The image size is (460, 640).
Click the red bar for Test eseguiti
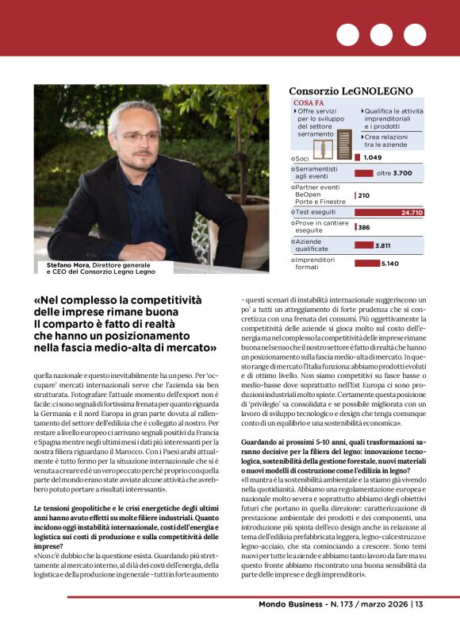pos(389,213)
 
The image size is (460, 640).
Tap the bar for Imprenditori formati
pos(367,264)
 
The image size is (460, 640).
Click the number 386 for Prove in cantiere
pos(364,227)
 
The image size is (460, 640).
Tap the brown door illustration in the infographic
pos(321,145)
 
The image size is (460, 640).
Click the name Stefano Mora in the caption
pos(62,264)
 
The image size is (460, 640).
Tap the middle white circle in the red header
pos(381,34)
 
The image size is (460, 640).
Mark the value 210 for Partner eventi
pos(364,195)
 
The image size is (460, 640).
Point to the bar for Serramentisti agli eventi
pos(364,173)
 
